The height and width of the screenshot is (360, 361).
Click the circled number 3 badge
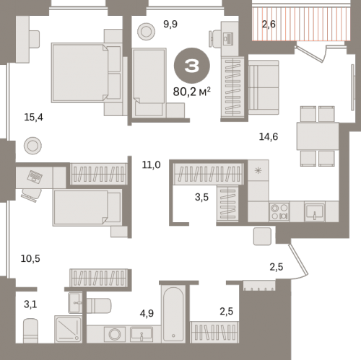click(192, 66)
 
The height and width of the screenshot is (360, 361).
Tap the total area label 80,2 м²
click(192, 92)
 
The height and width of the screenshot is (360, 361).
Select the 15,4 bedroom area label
click(33, 118)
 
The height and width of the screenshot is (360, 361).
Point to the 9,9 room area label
click(170, 25)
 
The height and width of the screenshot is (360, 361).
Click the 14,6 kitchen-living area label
click(269, 136)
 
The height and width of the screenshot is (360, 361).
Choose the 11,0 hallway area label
click(151, 165)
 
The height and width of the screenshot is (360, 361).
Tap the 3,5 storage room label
click(201, 197)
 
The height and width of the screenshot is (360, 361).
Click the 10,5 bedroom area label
click(30, 259)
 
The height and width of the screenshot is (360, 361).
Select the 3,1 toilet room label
click(30, 304)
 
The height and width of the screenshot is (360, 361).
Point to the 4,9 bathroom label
click(147, 313)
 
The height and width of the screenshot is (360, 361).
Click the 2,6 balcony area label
click(269, 25)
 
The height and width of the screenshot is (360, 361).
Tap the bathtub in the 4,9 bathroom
click(173, 314)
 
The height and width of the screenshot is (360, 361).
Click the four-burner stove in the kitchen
click(279, 211)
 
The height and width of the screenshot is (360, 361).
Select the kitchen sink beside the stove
click(315, 212)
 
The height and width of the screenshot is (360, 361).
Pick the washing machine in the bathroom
click(115, 334)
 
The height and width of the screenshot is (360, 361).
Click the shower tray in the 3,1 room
click(68, 329)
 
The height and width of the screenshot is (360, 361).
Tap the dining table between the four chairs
click(318, 136)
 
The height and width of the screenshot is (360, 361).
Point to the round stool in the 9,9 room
click(146, 32)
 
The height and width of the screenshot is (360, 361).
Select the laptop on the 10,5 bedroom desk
click(35, 177)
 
